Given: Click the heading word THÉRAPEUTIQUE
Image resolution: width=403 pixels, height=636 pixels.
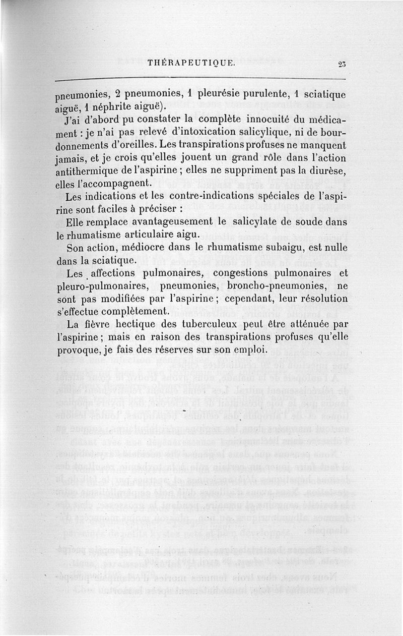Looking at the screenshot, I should (x=190, y=64).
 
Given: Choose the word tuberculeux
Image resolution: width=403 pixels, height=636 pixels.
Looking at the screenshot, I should (x=207, y=324).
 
